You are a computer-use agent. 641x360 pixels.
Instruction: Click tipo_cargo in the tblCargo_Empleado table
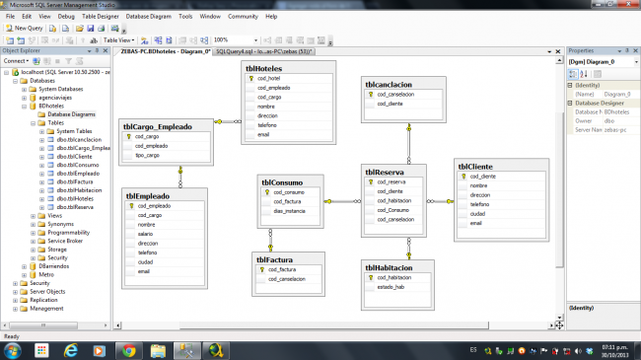pyautogui.click(x=148, y=156)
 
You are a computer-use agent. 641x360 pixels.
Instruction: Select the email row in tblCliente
pyautogui.click(x=476, y=223)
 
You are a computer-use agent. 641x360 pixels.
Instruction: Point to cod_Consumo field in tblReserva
pyautogui.click(x=392, y=210)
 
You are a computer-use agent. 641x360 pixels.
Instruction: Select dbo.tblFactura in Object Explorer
pyautogui.click(x=69, y=181)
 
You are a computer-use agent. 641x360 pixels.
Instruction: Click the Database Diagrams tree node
pyautogui.click(x=71, y=114)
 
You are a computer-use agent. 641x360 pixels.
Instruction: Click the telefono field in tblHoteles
pyautogui.click(x=268, y=125)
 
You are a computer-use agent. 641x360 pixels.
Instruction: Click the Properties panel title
pyautogui.click(x=582, y=50)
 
